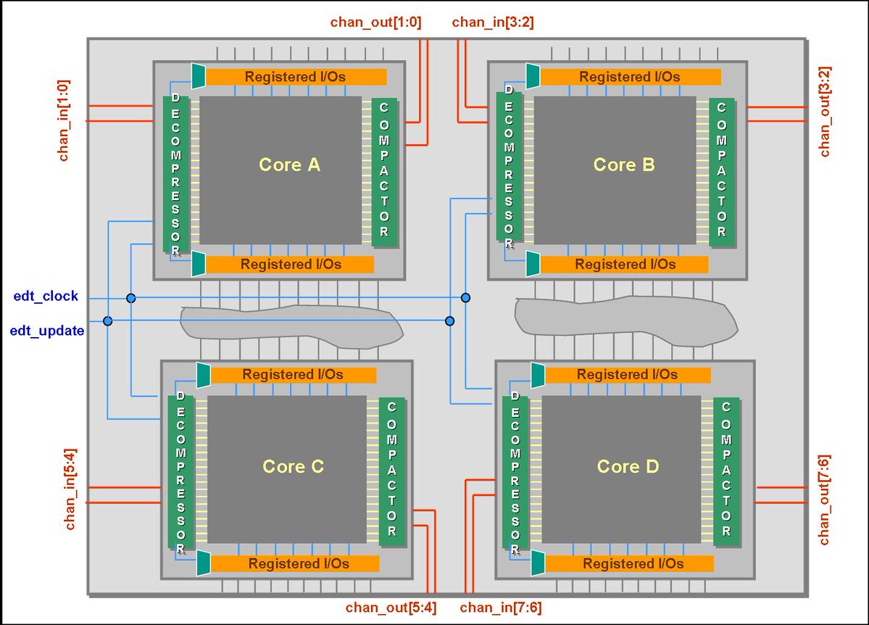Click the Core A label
click(x=289, y=165)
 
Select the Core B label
click(x=624, y=165)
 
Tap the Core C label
click(x=293, y=466)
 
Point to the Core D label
click(x=628, y=466)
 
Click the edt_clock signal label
click(x=46, y=297)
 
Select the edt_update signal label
click(x=47, y=331)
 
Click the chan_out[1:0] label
click(x=375, y=22)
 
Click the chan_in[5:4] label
click(x=71, y=492)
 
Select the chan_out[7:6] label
click(x=825, y=500)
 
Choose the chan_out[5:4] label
click(x=391, y=608)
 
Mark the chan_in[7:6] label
click(x=500, y=608)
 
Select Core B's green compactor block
click(x=721, y=170)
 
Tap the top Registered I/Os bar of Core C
click(x=293, y=375)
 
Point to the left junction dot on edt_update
click(x=108, y=320)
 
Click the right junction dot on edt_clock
click(x=465, y=298)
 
